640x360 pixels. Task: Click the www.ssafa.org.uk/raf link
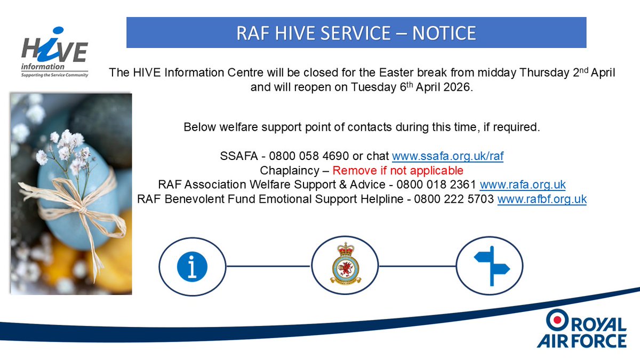(447, 156)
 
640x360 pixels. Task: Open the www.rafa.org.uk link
(523, 185)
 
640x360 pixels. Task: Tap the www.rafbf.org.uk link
(542, 199)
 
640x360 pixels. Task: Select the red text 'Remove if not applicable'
(398, 171)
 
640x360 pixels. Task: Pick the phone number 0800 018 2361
(445, 185)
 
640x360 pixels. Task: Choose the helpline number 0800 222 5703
(462, 199)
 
